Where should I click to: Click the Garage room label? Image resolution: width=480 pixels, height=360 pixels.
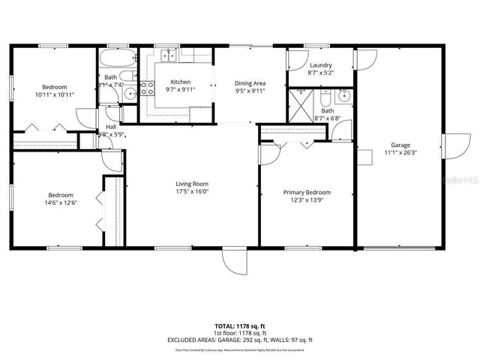point(400,145)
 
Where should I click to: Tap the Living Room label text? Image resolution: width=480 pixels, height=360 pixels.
point(192,184)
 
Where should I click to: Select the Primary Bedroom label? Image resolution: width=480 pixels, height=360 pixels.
point(307,192)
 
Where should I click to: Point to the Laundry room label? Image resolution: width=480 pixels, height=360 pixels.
point(320,65)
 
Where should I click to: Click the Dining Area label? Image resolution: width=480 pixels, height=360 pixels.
point(250,82)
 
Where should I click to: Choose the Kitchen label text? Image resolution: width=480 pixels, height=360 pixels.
point(181,82)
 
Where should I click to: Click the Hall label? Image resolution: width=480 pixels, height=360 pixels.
point(111,127)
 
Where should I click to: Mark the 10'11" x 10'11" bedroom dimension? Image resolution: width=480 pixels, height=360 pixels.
point(55,95)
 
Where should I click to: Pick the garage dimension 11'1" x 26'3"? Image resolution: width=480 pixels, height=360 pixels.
point(400,153)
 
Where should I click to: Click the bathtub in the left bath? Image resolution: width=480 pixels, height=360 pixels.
point(116,58)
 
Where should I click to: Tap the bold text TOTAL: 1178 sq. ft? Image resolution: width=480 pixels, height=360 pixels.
point(239,326)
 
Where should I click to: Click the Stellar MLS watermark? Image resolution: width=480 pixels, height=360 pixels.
point(458,181)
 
